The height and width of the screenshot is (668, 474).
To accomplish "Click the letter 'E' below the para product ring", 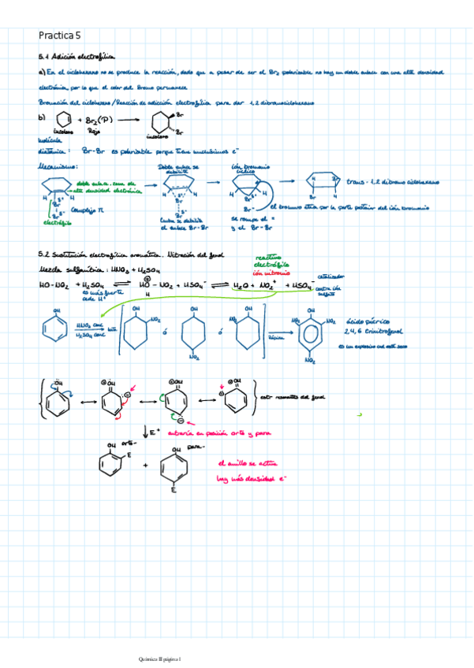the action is pos(173,489).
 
